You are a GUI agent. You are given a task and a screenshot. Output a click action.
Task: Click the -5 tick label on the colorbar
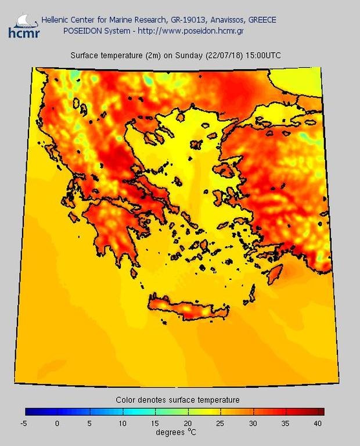coord(24,424)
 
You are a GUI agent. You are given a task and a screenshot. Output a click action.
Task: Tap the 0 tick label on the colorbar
coord(57,424)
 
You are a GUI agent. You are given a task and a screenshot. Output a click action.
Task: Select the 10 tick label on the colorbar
coord(123,424)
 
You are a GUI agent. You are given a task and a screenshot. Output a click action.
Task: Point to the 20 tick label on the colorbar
coord(188,424)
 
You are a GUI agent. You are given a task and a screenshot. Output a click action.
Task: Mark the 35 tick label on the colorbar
coord(286,424)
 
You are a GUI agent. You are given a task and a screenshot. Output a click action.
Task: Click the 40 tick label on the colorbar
coord(318,424)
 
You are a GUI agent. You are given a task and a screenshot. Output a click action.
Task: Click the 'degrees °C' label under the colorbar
coord(175,433)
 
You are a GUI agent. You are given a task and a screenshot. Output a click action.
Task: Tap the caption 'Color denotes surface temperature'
coord(177,400)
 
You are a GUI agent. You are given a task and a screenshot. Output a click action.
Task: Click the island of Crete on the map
coord(186,308)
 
